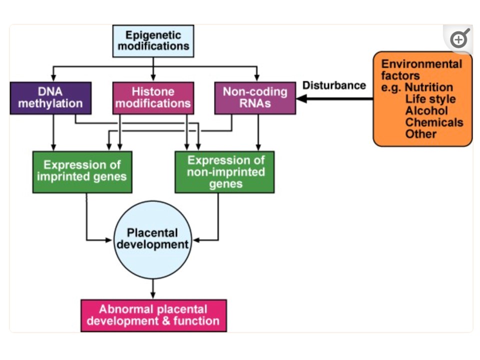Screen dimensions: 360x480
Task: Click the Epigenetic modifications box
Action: [153, 41]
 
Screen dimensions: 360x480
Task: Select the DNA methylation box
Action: [50, 98]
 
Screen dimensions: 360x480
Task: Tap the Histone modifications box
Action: [153, 98]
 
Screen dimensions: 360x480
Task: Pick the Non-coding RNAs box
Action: [255, 98]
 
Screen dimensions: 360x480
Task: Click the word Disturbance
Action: [334, 85]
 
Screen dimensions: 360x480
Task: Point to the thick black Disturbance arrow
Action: [335, 98]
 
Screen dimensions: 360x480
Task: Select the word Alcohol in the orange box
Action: [426, 110]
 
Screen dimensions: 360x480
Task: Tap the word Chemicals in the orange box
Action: [434, 122]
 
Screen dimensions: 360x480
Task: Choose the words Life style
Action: [430, 98]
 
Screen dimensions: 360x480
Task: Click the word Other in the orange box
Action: [420, 134]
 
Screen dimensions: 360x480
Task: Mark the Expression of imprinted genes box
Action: [82, 171]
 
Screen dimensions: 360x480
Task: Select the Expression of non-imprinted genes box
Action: [224, 171]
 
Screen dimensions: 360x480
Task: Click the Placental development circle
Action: [152, 239]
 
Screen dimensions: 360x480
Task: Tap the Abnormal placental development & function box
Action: [153, 315]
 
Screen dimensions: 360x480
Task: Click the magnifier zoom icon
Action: [459, 39]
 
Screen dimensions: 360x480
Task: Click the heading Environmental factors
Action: [421, 70]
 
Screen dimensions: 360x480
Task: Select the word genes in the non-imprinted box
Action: [225, 183]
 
